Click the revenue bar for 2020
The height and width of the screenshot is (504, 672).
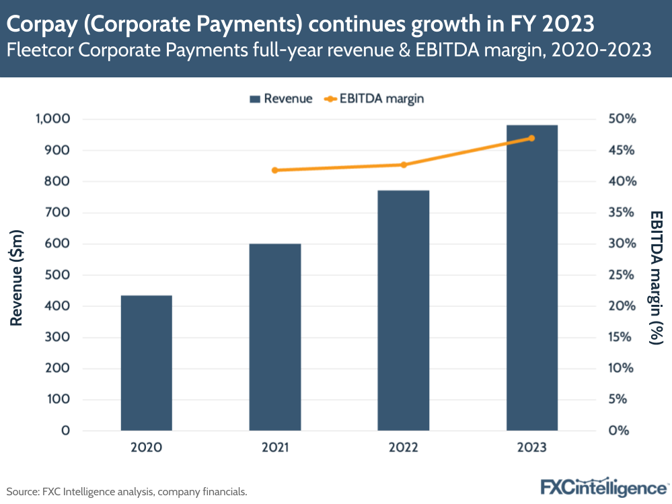[146, 363]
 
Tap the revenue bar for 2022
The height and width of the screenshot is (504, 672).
[403, 310]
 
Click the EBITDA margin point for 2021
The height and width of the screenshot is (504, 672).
[274, 170]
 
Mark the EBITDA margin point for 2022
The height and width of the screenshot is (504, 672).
[404, 165]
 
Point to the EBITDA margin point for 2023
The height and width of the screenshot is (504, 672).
[531, 138]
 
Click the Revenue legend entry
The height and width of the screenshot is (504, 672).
[281, 99]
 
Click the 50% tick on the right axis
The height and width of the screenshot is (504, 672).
[622, 119]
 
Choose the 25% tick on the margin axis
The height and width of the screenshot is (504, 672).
[622, 275]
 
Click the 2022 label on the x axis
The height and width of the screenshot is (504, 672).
[403, 447]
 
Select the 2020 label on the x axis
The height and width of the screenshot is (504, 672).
[146, 447]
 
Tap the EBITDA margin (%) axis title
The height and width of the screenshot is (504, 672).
[655, 276]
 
